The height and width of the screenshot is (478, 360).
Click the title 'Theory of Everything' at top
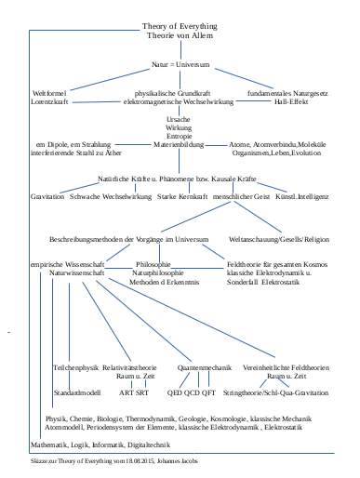180,26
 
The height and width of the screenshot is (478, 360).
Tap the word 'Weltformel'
50,94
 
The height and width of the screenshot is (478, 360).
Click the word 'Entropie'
180,138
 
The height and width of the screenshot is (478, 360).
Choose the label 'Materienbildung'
180,146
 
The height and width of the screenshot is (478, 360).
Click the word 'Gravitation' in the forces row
47,197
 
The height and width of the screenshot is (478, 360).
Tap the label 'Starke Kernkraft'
181,197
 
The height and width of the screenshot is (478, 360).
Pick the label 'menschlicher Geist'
242,197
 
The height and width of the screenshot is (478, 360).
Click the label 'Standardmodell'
76,393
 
